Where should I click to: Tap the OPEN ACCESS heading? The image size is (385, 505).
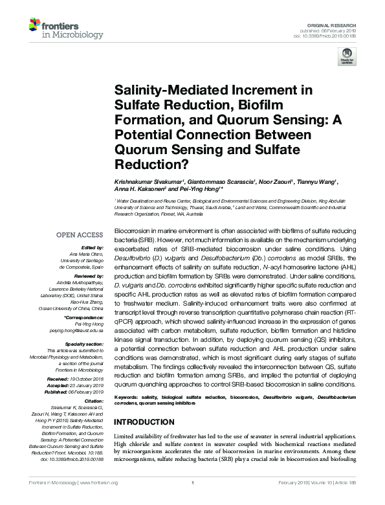tap(80, 234)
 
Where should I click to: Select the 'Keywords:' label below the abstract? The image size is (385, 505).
tap(129, 395)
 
